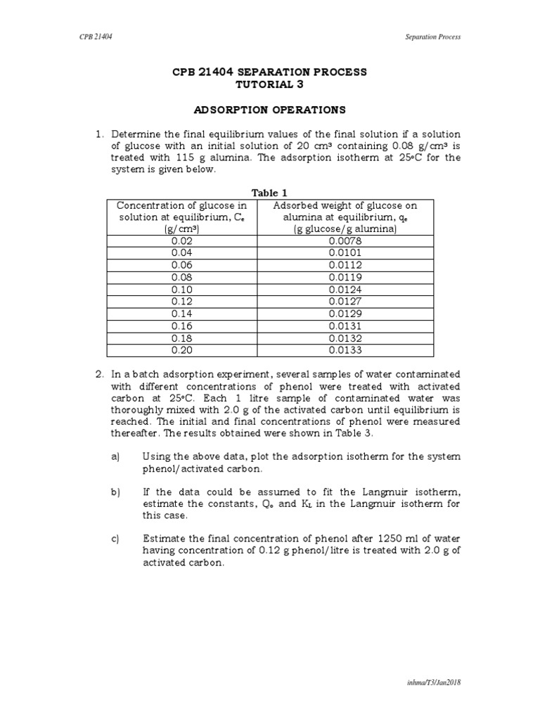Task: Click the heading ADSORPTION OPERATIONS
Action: click(270, 110)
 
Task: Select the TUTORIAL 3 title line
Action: click(270, 84)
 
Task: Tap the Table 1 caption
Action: click(270, 192)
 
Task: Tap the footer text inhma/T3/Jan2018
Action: click(436, 682)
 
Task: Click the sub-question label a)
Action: click(116, 456)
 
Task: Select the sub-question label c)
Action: click(116, 539)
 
